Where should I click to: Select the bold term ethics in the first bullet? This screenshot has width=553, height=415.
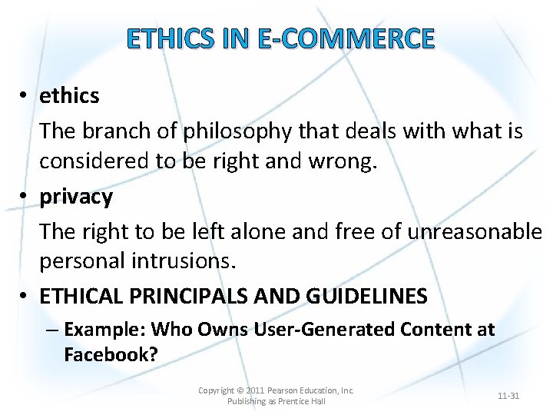[x=69, y=96]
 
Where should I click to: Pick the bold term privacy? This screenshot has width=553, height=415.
[x=76, y=197]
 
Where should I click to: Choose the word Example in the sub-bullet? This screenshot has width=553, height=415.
[x=104, y=330]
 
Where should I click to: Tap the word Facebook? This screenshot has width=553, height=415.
[x=111, y=354]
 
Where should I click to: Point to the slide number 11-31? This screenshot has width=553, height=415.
[x=508, y=396]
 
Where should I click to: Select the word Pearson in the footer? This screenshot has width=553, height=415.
[x=292, y=390]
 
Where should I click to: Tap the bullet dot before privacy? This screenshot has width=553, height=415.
[x=25, y=198]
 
